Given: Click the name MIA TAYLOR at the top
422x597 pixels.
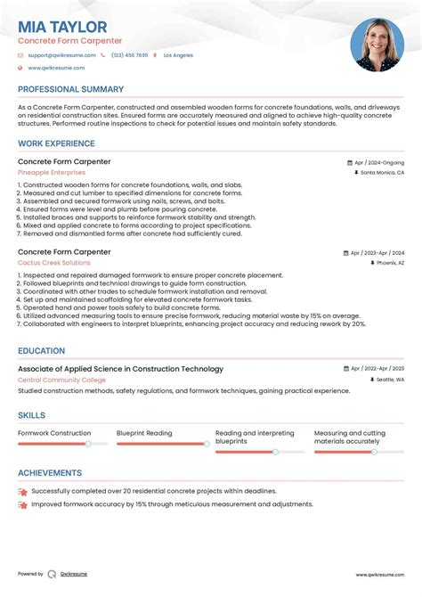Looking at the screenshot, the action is [x=62, y=28].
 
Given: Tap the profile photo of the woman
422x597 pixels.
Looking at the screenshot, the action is [x=377, y=45].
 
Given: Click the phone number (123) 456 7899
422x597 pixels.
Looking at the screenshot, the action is [x=129, y=55].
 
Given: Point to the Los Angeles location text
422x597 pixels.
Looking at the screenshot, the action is [x=177, y=55].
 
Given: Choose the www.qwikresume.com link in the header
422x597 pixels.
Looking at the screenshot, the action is [x=56, y=68].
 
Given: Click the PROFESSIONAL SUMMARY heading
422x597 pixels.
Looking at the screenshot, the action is [x=70, y=90].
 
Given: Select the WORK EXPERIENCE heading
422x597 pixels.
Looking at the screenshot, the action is [x=56, y=143].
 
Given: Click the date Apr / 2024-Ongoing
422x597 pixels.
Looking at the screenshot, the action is [x=378, y=163].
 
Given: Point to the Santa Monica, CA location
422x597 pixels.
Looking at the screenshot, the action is [x=382, y=173].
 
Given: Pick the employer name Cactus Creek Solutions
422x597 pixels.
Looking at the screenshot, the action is [x=54, y=263].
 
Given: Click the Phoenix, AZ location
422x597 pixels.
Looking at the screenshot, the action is [x=388, y=264].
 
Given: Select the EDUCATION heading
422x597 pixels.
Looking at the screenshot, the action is [x=41, y=351].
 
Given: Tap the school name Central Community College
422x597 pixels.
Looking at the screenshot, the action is [x=62, y=380].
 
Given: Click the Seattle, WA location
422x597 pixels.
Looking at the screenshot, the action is [x=388, y=380].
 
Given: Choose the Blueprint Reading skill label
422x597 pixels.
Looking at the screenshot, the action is [x=144, y=433].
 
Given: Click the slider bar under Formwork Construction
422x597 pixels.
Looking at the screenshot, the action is [x=62, y=444].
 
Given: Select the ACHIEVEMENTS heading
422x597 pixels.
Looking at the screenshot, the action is [x=50, y=473].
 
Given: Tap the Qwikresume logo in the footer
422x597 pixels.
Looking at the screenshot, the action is [x=53, y=574].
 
